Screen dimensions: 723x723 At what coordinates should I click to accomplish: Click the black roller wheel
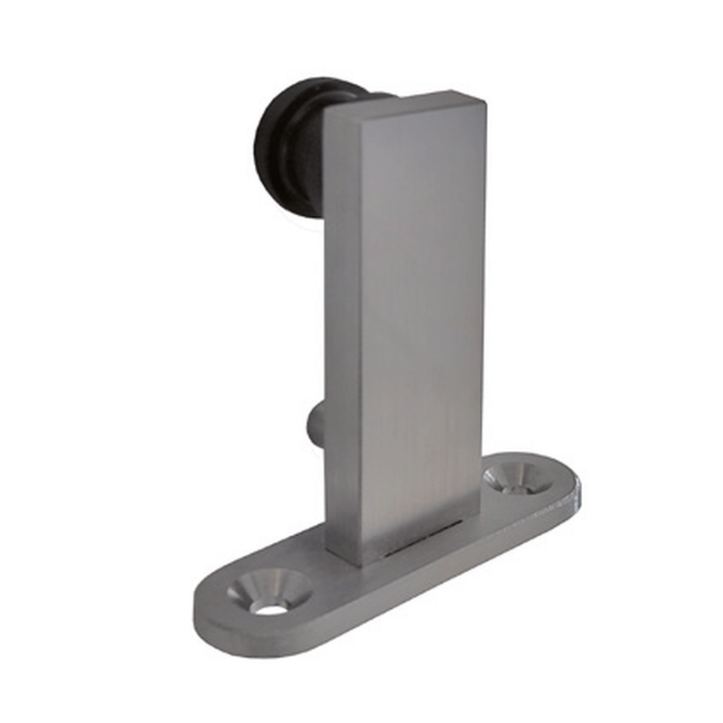pyautogui.click(x=287, y=145)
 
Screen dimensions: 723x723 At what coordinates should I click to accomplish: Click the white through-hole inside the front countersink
pyautogui.click(x=269, y=607)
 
